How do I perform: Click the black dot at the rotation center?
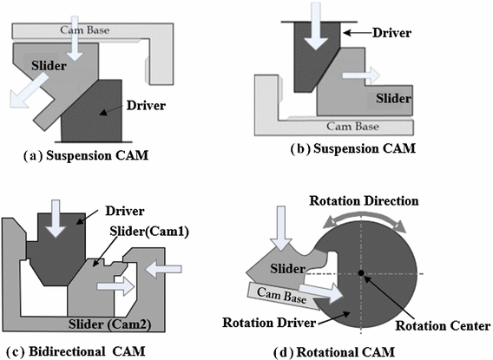pos(361,275)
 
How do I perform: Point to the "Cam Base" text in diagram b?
pos(359,122)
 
